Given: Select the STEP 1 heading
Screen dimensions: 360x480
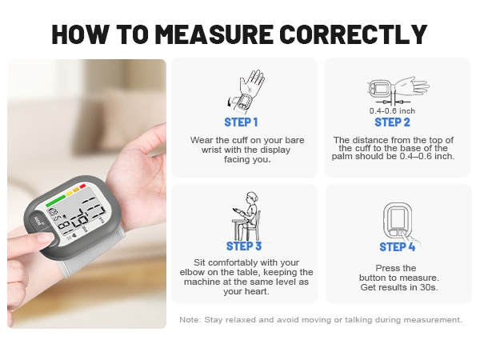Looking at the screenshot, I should [241, 122].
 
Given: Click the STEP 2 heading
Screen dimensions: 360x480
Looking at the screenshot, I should [392, 122].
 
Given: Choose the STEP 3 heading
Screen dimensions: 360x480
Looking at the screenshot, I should [244, 246].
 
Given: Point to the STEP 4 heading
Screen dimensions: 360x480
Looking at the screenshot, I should [398, 246].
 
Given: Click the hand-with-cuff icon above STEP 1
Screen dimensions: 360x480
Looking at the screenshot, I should [250, 90].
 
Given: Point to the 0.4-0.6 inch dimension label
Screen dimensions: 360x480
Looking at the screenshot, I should [391, 110].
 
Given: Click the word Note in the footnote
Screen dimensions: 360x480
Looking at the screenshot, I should [190, 320].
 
